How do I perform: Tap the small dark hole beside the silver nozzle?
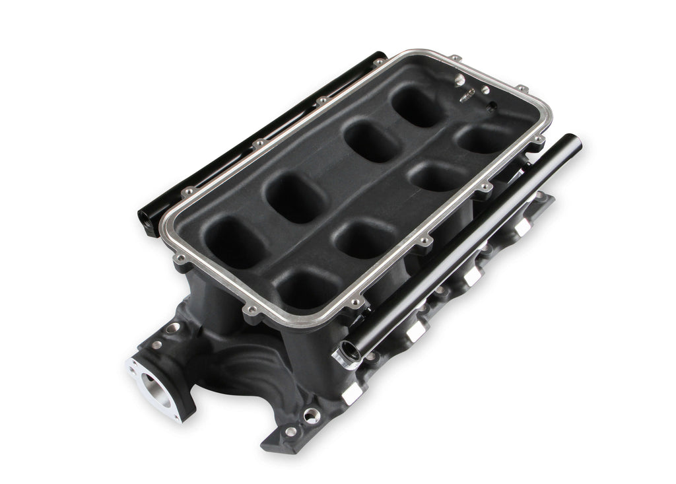click(491, 107)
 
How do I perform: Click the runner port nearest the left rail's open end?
click(234, 242)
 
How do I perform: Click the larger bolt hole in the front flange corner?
click(311, 415)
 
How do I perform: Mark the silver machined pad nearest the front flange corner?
click(352, 393)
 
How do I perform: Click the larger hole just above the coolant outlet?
click(172, 328)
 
